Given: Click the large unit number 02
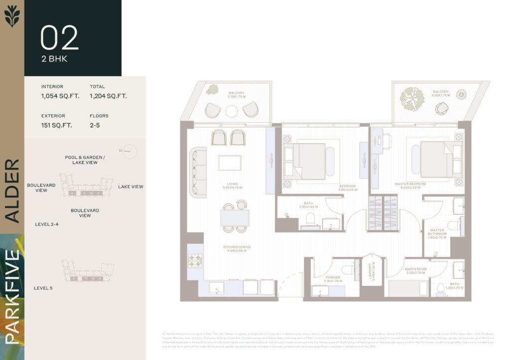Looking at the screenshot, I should click(59, 38).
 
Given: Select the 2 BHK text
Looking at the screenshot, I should click(54, 59).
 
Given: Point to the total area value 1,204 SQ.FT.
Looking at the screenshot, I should click(108, 96).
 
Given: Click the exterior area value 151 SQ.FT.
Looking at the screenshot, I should click(56, 125).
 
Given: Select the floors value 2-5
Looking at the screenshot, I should click(95, 125).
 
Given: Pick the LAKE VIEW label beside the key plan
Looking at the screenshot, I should click(130, 187).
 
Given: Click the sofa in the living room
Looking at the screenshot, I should click(198, 173).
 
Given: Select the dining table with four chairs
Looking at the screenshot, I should click(235, 217).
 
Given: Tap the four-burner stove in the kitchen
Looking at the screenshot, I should click(195, 261).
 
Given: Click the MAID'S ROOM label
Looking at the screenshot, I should click(414, 271).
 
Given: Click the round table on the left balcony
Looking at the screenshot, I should click(232, 111).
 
